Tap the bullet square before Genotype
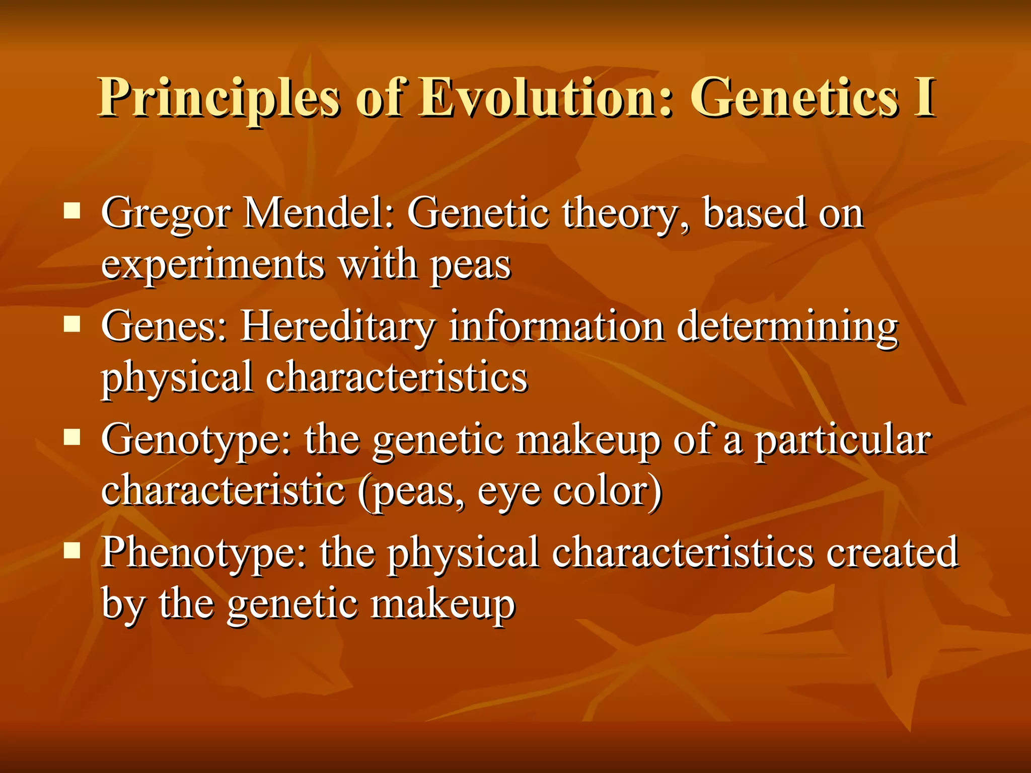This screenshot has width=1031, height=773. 72,437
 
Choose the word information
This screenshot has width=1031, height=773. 556,326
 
